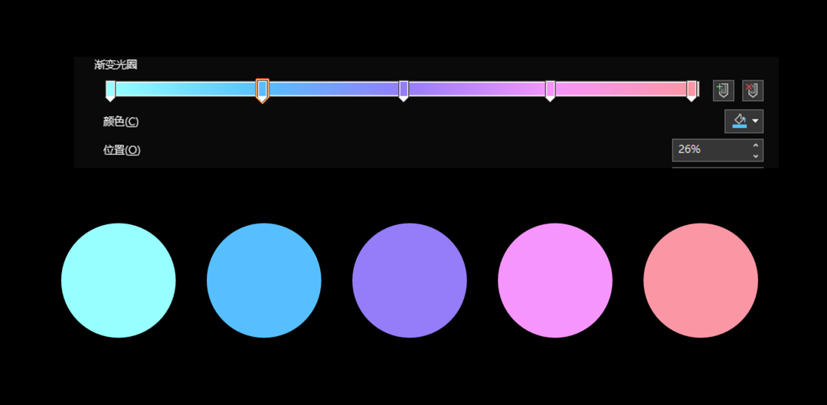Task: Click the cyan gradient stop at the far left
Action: (110, 90)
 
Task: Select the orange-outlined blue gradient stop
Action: (262, 90)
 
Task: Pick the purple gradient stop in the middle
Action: (404, 90)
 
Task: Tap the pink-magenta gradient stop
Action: (550, 90)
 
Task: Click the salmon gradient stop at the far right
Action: (691, 90)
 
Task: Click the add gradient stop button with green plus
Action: (723, 90)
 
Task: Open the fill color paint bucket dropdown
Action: (744, 121)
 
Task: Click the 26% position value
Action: (689, 150)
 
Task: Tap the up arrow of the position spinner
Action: (756, 145)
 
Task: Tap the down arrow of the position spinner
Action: (756, 155)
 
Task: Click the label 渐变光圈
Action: (116, 65)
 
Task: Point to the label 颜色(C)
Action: (121, 122)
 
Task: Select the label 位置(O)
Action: (122, 150)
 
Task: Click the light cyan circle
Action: (118, 280)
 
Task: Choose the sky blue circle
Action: (263, 280)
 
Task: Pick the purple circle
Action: (409, 280)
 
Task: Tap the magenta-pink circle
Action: (555, 280)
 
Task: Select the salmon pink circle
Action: (701, 280)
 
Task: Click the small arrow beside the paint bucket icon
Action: (755, 121)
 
